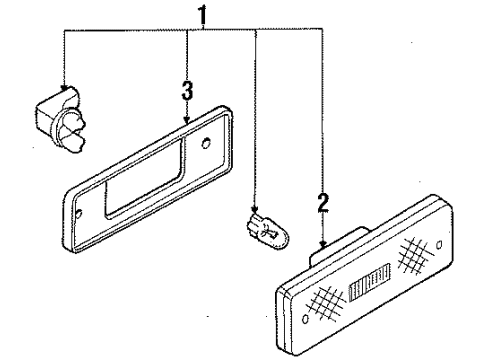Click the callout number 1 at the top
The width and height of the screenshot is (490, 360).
point(202,16)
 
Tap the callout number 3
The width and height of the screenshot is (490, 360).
point(187,91)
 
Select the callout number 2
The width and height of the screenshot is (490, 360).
point(323,202)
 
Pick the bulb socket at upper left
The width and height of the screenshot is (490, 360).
point(60,120)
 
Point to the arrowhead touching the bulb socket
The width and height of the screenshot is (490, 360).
point(64,87)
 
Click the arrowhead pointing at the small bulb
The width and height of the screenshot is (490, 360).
point(255,209)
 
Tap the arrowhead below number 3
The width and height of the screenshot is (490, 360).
point(187,119)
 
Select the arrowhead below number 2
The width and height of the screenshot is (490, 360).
point(323,244)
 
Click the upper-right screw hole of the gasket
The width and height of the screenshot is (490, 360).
point(206,143)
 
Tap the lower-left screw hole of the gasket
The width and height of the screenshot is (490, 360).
point(79,214)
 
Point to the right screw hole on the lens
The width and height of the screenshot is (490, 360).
point(439,245)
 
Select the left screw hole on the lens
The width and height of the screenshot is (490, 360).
point(305,319)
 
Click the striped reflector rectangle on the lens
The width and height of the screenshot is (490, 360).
point(370,281)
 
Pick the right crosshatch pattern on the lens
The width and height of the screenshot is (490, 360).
point(415,255)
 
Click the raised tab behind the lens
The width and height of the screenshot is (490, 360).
point(338,245)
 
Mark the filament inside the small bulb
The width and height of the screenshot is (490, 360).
point(269,232)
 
